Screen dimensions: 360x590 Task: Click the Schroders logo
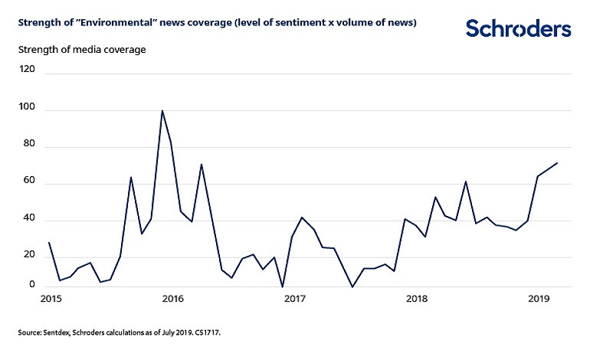[518, 29]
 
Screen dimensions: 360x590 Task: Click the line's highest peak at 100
[162, 110]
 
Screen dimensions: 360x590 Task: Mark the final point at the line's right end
[557, 162]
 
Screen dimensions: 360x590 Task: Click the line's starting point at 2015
[49, 243]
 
